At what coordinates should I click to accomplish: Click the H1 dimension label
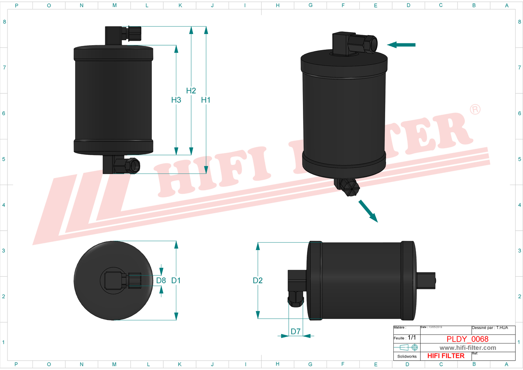(x=206, y=100)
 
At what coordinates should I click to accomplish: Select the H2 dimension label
(x=191, y=90)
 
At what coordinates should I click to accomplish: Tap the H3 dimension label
(x=176, y=100)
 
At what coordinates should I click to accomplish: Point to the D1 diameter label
(x=176, y=280)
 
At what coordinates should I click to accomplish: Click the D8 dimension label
(x=161, y=280)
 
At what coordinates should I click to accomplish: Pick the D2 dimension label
(x=258, y=280)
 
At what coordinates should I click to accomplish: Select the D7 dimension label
(x=295, y=332)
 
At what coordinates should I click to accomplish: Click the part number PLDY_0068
(x=467, y=339)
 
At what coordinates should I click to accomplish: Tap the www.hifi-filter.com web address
(x=468, y=348)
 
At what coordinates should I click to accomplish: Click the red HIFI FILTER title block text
(x=446, y=356)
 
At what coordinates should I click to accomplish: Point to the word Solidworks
(x=407, y=357)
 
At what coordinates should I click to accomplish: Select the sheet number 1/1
(x=412, y=337)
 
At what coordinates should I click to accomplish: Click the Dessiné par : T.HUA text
(x=490, y=328)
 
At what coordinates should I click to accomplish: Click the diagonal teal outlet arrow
(x=368, y=211)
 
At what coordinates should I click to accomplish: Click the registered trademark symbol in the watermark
(x=475, y=110)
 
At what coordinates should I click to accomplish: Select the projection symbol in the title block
(x=409, y=347)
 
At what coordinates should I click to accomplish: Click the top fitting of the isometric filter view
(x=354, y=43)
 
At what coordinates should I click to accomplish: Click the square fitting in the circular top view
(x=114, y=280)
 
